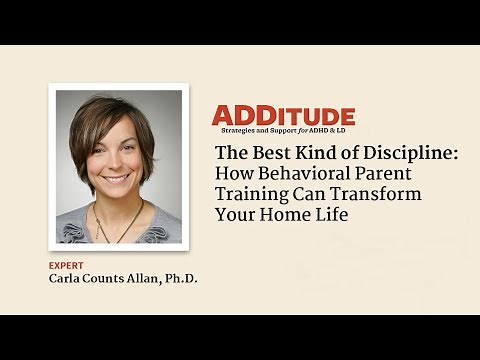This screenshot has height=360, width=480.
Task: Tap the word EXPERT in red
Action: pos(67,265)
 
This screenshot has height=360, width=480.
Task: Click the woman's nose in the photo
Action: pos(111,164)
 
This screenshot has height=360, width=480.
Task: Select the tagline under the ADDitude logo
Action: pos(282,131)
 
